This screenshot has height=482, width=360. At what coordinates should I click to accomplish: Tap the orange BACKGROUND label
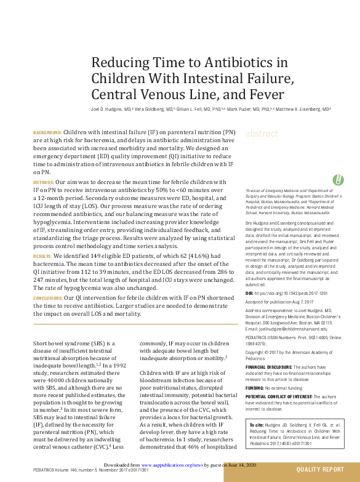click(47, 132)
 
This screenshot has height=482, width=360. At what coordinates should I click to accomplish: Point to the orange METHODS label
click(43, 183)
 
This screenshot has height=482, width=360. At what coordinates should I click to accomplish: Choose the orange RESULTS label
click(42, 255)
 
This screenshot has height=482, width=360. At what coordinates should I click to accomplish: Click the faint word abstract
click(262, 134)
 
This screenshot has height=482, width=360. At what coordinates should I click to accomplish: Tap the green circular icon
click(337, 180)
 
